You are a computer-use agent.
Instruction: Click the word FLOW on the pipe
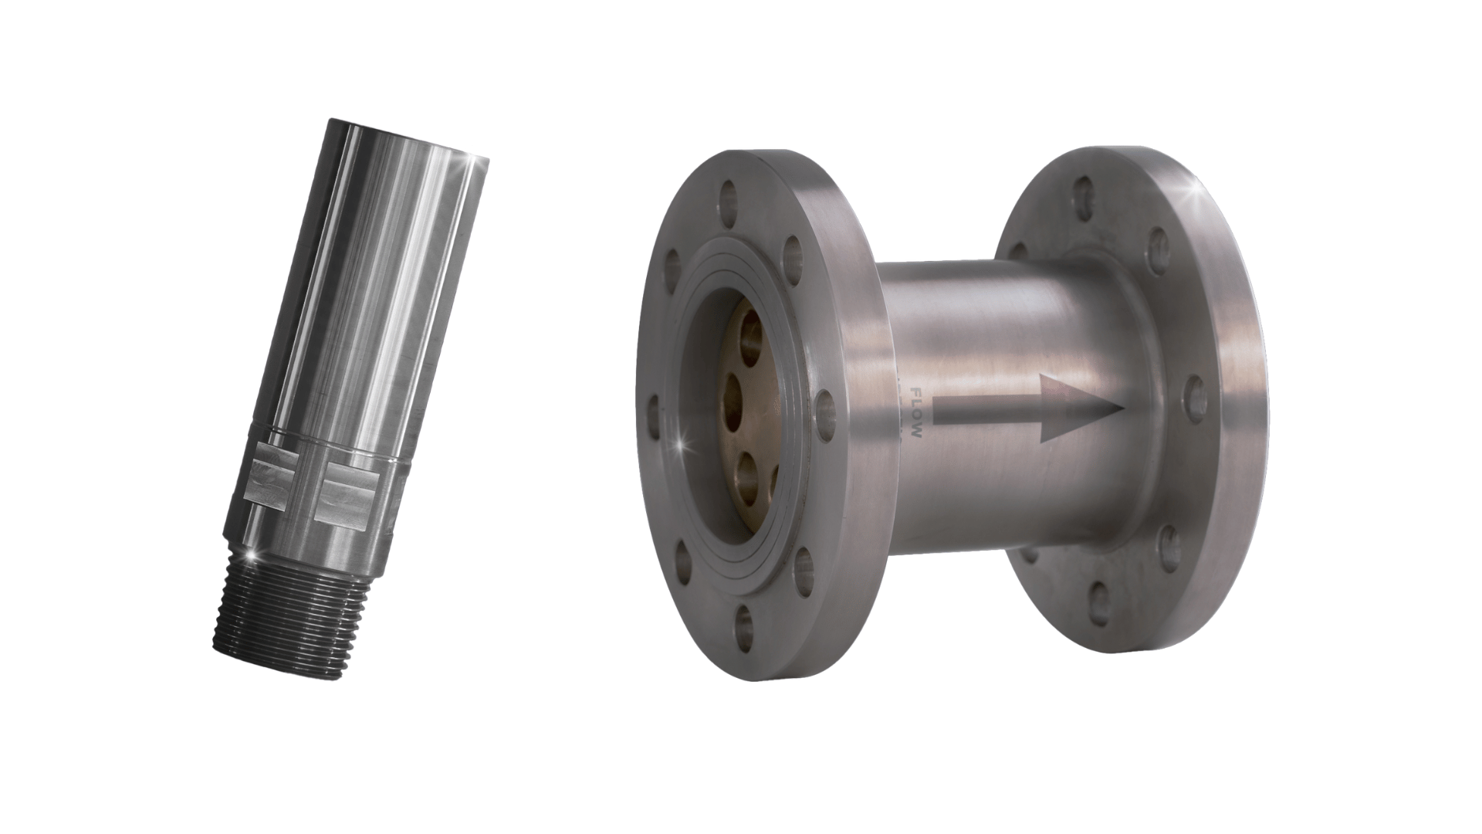[916, 413]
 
